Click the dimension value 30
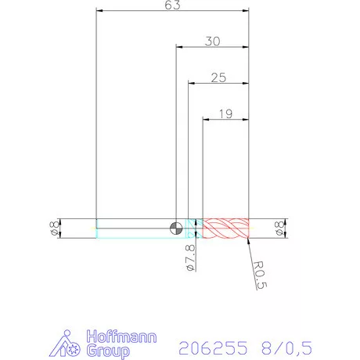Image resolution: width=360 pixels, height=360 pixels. [212, 41]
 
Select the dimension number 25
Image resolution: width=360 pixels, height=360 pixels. [218, 78]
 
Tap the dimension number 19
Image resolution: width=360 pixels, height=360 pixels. [225, 113]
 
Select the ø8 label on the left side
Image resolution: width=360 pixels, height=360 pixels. [53, 228]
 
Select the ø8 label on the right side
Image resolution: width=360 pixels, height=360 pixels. [279, 228]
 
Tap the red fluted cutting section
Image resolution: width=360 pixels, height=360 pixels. [226, 228]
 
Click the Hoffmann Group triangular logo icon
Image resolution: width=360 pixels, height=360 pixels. [70, 344]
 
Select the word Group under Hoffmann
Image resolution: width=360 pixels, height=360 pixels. [108, 352]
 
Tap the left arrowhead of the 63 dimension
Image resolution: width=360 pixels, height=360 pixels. [99, 11]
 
